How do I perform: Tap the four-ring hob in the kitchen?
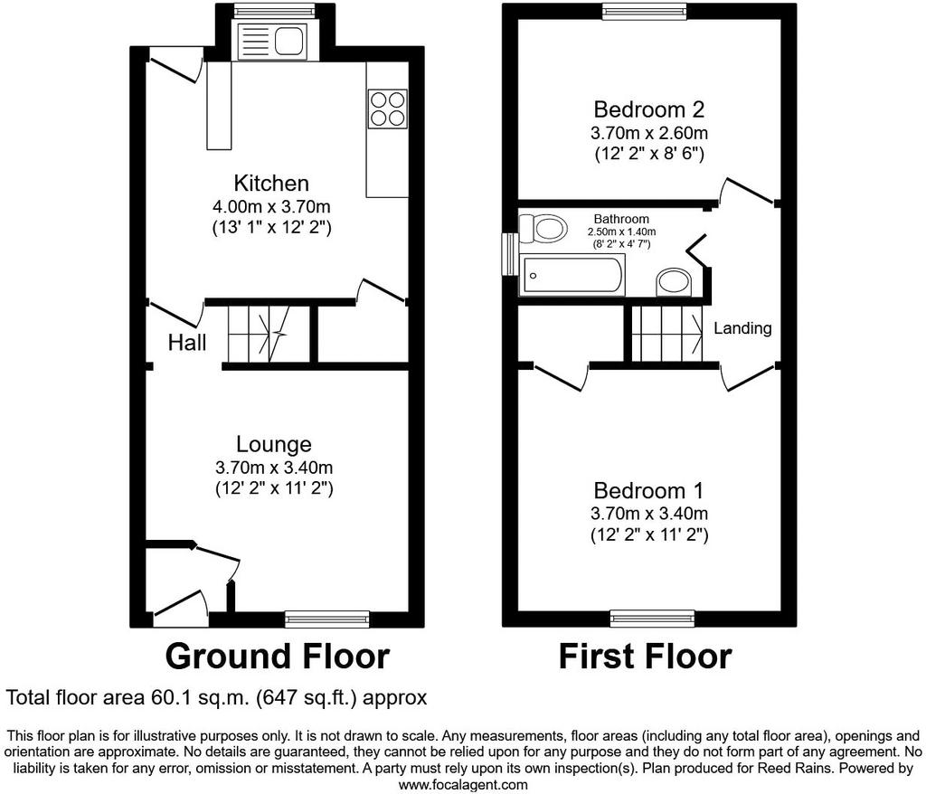coord(387,109)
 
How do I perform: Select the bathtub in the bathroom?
coord(572,275)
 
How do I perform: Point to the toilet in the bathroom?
coord(543,229)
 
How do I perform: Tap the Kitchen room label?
coord(271,184)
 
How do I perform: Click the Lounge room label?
coord(273,444)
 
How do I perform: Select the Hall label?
coord(187,343)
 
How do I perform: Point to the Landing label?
coord(742,328)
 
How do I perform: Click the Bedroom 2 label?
coord(649,109)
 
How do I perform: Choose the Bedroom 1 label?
coord(649,491)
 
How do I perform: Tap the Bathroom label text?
coord(621,219)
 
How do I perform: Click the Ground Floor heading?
coord(277,657)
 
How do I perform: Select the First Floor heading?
coord(645,657)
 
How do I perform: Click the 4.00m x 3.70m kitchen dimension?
coord(271,207)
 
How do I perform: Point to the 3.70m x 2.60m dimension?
coord(649,134)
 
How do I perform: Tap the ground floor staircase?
coord(269,334)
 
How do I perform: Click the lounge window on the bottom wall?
coord(327,619)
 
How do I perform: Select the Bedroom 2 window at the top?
coord(646,11)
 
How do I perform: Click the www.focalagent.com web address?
coord(463,785)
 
